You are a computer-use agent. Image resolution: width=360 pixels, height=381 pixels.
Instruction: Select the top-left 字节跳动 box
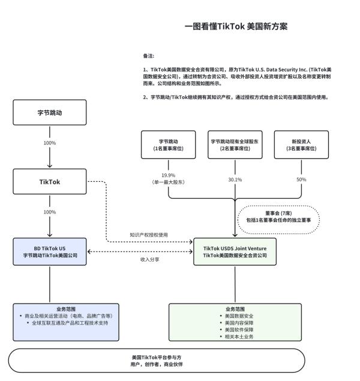(50, 112)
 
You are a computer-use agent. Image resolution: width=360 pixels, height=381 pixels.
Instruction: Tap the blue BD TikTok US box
(50, 251)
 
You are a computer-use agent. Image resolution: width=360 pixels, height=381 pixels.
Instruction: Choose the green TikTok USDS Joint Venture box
(235, 251)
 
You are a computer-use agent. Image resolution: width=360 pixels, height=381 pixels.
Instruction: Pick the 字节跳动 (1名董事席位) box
(168, 145)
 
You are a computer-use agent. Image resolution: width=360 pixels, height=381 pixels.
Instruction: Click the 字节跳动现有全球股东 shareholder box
(235, 145)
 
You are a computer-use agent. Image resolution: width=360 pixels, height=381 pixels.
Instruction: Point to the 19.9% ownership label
(168, 175)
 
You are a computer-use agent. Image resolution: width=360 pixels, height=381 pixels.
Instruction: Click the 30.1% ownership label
(235, 179)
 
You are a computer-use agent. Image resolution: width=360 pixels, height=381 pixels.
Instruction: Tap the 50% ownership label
(301, 179)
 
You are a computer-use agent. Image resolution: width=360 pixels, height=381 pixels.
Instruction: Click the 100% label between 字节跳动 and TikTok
(50, 143)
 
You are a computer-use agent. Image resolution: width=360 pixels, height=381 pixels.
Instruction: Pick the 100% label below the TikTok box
(50, 212)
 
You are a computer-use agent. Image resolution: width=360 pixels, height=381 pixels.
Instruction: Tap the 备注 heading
(148, 55)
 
